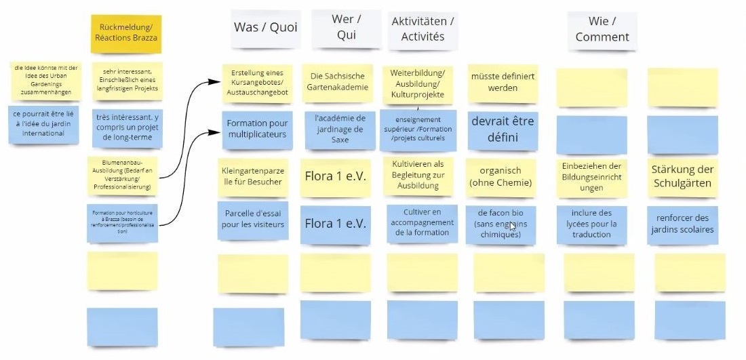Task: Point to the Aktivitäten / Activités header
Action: point(423,29)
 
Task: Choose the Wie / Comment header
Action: point(602,31)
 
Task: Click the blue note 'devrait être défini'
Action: point(503,129)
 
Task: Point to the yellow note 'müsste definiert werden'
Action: point(503,82)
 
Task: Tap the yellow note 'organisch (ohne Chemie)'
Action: point(503,176)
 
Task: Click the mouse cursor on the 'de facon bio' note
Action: point(512,227)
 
